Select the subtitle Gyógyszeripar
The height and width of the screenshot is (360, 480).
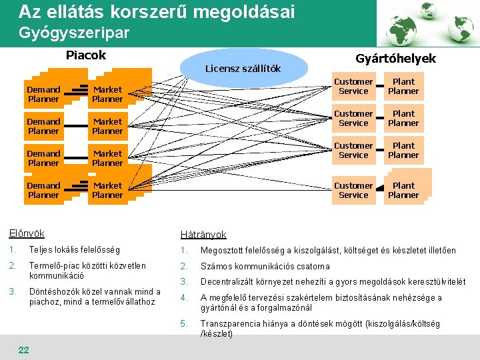[74, 32]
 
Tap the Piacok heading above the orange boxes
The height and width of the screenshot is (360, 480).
[86, 55]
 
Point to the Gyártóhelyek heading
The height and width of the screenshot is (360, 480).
[395, 59]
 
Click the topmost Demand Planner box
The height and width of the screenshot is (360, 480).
[44, 94]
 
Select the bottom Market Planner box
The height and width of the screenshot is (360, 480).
[107, 190]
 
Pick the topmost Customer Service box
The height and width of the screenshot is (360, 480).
[353, 87]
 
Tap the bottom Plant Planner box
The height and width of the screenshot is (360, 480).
[403, 190]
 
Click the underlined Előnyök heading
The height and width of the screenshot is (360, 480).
[27, 233]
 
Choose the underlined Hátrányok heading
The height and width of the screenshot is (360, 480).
[203, 235]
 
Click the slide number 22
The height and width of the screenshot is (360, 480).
[23, 350]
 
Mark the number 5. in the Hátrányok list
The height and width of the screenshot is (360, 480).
[185, 324]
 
